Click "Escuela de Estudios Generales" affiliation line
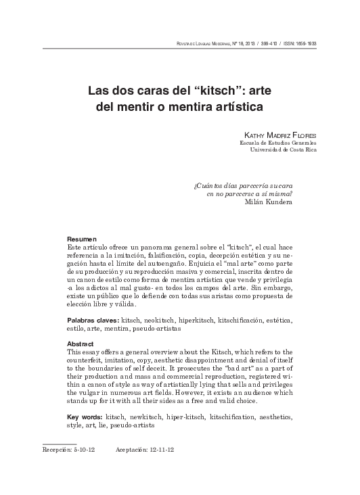(x=278, y=143)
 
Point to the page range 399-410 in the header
(x=268, y=45)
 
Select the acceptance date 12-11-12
(x=163, y=448)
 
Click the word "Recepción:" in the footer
(x=58, y=448)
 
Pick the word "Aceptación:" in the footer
(x=131, y=448)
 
